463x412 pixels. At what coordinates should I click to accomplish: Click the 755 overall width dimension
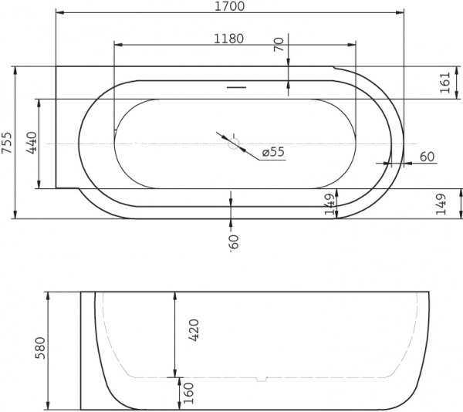(x=8, y=143)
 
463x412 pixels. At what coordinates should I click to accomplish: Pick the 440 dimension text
(x=32, y=143)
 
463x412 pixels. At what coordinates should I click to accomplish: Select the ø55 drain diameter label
(x=273, y=152)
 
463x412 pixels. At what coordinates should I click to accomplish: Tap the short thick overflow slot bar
(x=237, y=87)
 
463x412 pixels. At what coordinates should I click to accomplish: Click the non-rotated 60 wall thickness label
(x=427, y=157)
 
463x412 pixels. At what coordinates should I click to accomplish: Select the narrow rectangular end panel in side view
(x=87, y=350)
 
